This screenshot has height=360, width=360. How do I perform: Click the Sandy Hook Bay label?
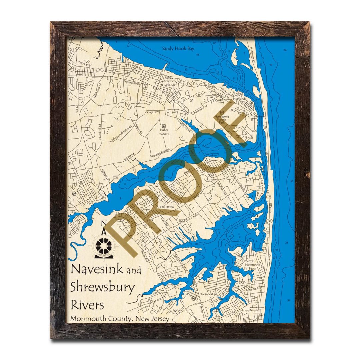[x=178, y=49]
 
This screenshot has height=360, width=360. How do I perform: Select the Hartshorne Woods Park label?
[x=222, y=118]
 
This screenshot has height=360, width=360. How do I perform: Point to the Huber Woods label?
[x=164, y=132]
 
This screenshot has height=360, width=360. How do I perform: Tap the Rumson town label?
[x=212, y=180]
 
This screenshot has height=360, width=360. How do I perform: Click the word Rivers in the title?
[x=87, y=305]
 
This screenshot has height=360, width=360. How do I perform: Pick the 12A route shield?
[x=116, y=177]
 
